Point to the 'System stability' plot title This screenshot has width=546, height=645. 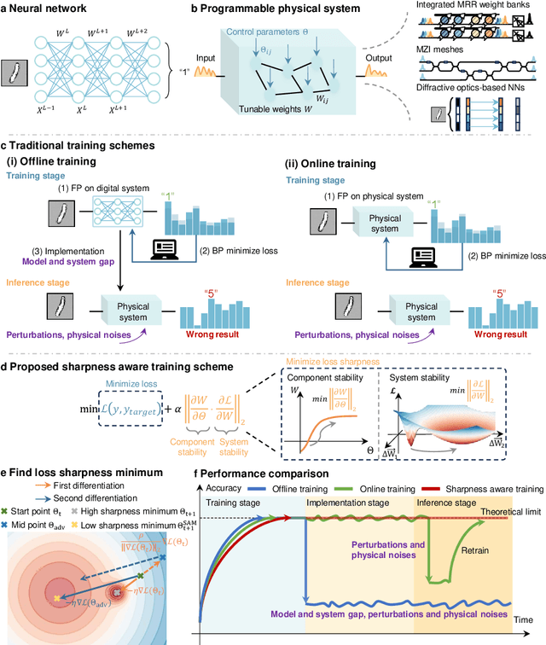click(x=423, y=376)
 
